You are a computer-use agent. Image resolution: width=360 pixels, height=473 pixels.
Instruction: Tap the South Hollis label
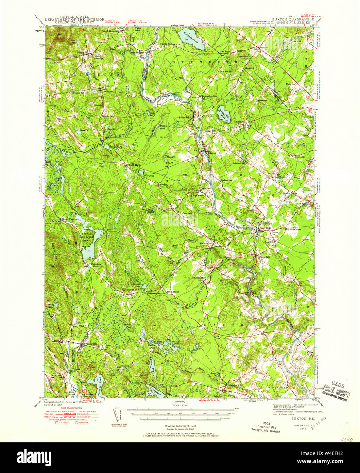click(172, 292)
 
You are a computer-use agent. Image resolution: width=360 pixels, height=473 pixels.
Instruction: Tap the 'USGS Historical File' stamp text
click(268, 427)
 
